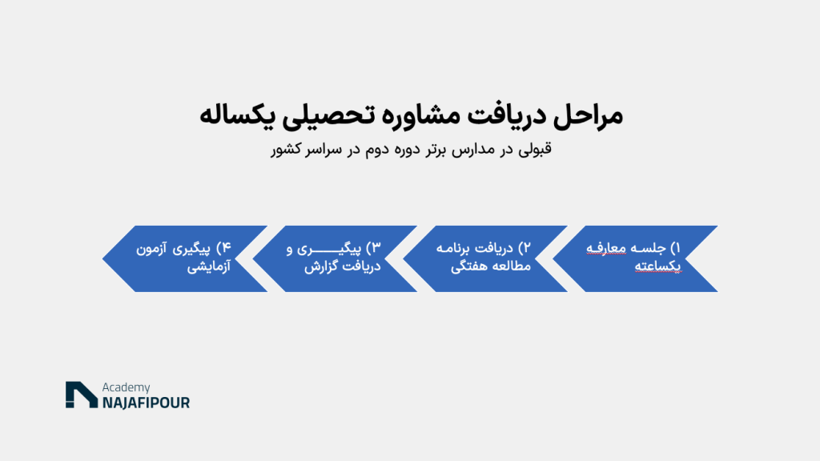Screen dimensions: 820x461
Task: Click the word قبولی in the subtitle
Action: pyautogui.click(x=534, y=150)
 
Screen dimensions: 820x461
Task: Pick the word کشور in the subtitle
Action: pyautogui.click(x=286, y=150)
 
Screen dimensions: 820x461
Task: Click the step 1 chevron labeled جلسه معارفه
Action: pyautogui.click(x=635, y=259)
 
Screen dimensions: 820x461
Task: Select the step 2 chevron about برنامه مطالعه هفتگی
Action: pyautogui.click(x=484, y=259)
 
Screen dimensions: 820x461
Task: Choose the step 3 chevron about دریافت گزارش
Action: pyautogui.click(x=335, y=259)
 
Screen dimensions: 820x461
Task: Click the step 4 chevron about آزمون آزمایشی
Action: pyautogui.click(x=185, y=259)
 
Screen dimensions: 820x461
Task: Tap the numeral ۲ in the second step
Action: pyautogui.click(x=525, y=248)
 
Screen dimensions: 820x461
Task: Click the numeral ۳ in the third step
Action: pyautogui.click(x=376, y=248)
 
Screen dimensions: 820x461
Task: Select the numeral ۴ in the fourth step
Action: pyautogui.click(x=226, y=248)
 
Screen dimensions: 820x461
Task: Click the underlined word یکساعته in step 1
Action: pyautogui.click(x=658, y=266)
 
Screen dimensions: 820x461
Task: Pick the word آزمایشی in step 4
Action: pyautogui.click(x=209, y=267)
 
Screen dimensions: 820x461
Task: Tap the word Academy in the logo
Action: pyautogui.click(x=126, y=387)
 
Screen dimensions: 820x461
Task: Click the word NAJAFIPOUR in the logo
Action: pyautogui.click(x=146, y=403)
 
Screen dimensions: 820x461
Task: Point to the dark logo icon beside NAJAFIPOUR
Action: pyautogui.click(x=82, y=395)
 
